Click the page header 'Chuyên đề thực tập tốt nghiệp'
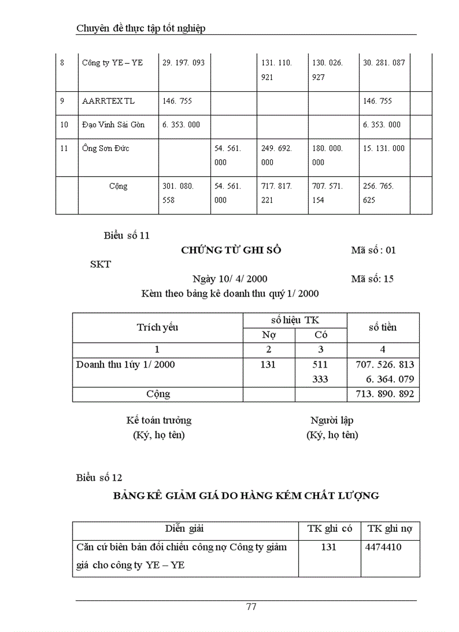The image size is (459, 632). click(x=141, y=28)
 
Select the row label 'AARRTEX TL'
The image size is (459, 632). click(x=109, y=101)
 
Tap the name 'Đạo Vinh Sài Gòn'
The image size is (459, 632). click(x=113, y=124)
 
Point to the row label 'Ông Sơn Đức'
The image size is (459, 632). click(x=106, y=148)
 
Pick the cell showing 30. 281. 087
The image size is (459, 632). click(x=384, y=62)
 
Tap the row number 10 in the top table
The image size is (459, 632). click(x=64, y=124)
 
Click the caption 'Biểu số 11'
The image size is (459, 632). click(x=127, y=236)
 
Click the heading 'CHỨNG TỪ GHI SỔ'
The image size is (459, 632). click(x=231, y=250)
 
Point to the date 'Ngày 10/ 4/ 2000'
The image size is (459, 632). click(x=229, y=279)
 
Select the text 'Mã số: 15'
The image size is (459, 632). click(x=372, y=279)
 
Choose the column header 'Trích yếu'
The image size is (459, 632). click(x=157, y=327)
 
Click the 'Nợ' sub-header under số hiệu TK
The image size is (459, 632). click(x=268, y=334)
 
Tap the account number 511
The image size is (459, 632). click(x=320, y=364)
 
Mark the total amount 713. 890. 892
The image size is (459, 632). click(x=385, y=394)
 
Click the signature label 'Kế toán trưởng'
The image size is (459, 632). click(x=159, y=420)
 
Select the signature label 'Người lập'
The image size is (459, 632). click(x=332, y=420)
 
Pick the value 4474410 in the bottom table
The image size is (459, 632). click(x=384, y=546)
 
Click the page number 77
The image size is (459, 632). click(x=251, y=606)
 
